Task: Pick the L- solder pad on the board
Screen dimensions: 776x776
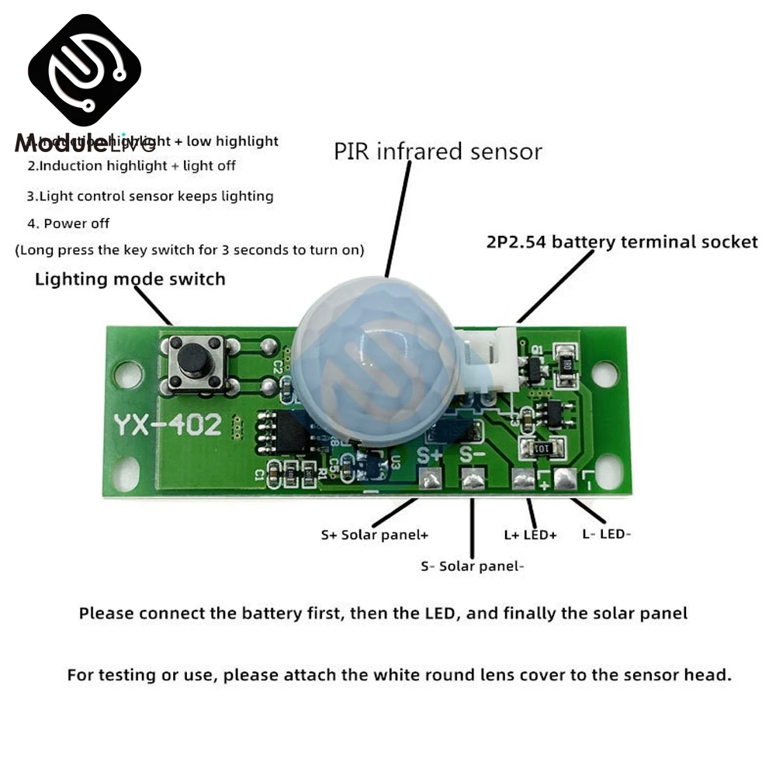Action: click(x=564, y=480)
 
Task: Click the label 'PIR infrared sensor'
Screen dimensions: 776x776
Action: click(x=438, y=151)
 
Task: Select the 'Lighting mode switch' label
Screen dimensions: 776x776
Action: click(x=130, y=279)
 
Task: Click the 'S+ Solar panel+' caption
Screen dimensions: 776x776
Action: click(x=375, y=535)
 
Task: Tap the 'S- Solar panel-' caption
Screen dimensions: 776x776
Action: click(x=472, y=566)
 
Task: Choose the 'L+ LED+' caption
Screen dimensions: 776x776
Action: click(x=530, y=535)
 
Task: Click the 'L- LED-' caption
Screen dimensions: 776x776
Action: click(x=608, y=534)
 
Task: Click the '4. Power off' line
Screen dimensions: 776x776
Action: click(x=68, y=223)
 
